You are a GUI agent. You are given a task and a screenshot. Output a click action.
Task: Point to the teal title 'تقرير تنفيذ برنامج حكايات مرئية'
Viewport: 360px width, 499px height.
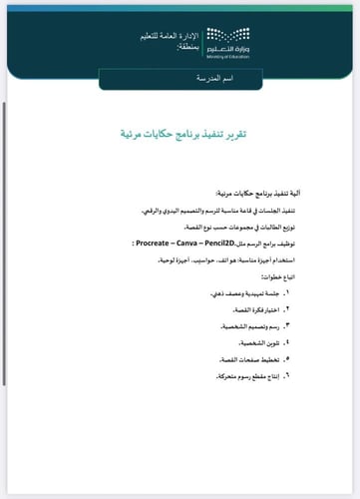coord(190,132)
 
